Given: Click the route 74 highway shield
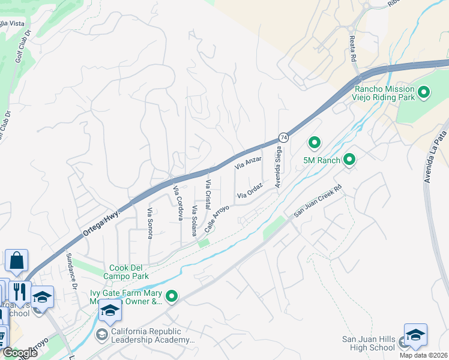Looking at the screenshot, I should pyautogui.click(x=283, y=137).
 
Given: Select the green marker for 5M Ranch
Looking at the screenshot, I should pyautogui.click(x=349, y=160).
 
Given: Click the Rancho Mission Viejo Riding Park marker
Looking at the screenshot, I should pyautogui.click(x=424, y=92).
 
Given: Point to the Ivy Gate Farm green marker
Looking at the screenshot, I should pyautogui.click(x=172, y=296).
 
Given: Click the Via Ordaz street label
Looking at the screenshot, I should pyautogui.click(x=250, y=191).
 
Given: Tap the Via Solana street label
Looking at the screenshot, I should pyautogui.click(x=194, y=220).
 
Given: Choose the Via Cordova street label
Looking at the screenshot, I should pyautogui.click(x=177, y=203).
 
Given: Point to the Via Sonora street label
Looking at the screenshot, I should pyautogui.click(x=149, y=223).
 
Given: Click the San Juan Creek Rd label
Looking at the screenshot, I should pyautogui.click(x=318, y=201).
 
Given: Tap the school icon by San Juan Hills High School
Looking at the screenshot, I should pyautogui.click(x=415, y=335).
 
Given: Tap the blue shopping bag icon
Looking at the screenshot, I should pyautogui.click(x=16, y=261).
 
